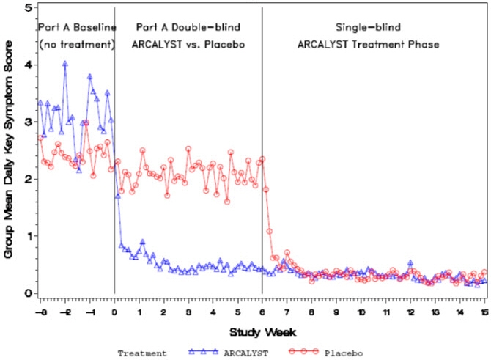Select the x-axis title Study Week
click(x=262, y=331)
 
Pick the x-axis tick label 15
click(x=484, y=311)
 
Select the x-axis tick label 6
click(x=262, y=311)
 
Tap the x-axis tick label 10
click(x=361, y=311)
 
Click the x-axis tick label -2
click(x=64, y=311)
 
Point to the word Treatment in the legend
click(x=142, y=352)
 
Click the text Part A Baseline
click(x=77, y=27)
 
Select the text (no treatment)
click(x=77, y=44)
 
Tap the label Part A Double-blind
click(x=188, y=27)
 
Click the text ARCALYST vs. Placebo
click(x=188, y=44)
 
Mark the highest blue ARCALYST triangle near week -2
click(x=65, y=64)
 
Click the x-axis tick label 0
click(x=114, y=311)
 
